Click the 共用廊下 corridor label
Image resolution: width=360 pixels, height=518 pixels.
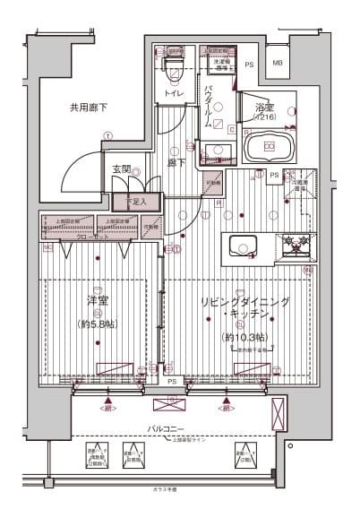pos(89,108)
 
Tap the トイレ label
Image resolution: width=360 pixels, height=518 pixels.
pos(174,92)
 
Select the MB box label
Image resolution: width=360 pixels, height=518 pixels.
pos(277,64)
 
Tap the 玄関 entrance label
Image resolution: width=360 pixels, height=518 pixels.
pos(122,168)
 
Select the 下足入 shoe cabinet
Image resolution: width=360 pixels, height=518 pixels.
pos(136,203)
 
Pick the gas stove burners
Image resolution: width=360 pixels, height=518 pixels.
pos(296,246)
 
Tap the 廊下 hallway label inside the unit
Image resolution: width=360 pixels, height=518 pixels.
pos(176,163)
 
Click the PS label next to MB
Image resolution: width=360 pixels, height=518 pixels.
pos(250,64)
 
